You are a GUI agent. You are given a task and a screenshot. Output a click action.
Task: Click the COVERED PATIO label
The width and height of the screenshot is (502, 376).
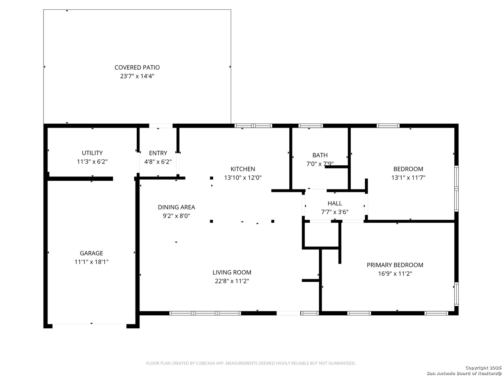coord(137,68)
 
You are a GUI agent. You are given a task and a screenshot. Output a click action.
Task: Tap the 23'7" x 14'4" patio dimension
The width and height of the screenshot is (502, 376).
coord(137,76)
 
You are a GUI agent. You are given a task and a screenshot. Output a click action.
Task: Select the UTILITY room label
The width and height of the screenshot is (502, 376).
coord(92,153)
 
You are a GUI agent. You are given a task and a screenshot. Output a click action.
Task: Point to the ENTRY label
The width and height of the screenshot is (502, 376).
coord(158,153)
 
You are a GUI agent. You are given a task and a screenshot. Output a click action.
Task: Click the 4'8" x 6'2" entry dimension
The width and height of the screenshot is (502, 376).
coord(158,162)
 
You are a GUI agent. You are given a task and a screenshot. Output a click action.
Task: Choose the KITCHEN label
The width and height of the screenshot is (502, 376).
coord(243,169)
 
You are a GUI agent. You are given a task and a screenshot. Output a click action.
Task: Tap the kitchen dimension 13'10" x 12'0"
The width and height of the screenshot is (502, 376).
coord(243,178)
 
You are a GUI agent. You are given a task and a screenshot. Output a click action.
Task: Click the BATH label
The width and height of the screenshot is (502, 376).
coord(320,155)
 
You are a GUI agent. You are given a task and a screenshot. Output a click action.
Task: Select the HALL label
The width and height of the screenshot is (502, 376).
coord(335,203)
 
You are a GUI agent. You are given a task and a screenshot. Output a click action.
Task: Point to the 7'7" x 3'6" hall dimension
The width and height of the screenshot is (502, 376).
coord(335,212)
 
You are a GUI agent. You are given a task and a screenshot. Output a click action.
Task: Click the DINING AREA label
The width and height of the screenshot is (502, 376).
coord(176,207)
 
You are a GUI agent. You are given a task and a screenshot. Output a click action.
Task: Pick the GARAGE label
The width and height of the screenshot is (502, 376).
coord(91,253)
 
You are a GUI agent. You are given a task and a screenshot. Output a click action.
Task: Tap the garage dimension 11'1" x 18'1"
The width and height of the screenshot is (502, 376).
coord(91,262)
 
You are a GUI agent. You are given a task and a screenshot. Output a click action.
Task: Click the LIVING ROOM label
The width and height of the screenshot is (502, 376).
coord(232,272)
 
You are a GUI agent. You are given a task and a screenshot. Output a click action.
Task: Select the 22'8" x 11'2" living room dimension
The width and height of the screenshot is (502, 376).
coord(232,281)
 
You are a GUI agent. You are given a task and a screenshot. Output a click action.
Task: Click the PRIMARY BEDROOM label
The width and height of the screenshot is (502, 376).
coord(395,265)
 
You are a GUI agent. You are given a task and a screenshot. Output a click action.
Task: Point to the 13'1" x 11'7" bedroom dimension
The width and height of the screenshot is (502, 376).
coord(408,178)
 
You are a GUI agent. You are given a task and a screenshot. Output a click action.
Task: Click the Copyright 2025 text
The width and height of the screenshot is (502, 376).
coord(483,368)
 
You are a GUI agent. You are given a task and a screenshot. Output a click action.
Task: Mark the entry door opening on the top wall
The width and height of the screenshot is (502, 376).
coord(161,126)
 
